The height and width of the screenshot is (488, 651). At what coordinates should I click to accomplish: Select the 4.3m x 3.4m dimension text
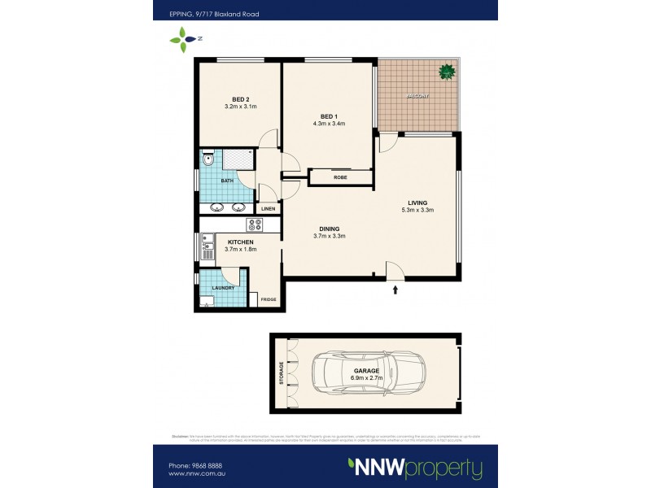pyautogui.click(x=329, y=124)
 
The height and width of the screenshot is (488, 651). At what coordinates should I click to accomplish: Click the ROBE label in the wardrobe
pyautogui.click(x=340, y=177)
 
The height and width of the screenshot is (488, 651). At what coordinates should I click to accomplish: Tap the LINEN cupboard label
pyautogui.click(x=268, y=209)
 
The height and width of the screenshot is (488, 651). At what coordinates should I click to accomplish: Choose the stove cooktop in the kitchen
pyautogui.click(x=254, y=225)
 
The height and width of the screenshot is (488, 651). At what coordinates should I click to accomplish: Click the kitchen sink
pyautogui.click(x=208, y=242)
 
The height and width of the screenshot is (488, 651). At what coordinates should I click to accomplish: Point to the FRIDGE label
pyautogui.click(x=268, y=300)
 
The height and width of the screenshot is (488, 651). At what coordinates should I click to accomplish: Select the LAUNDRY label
pyautogui.click(x=223, y=288)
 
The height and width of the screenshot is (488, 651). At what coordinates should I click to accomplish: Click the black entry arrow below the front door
pyautogui.click(x=395, y=287)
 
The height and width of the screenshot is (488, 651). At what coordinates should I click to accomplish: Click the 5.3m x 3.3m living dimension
pyautogui.click(x=418, y=210)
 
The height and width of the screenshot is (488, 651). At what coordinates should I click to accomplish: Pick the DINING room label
pyautogui.click(x=330, y=229)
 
